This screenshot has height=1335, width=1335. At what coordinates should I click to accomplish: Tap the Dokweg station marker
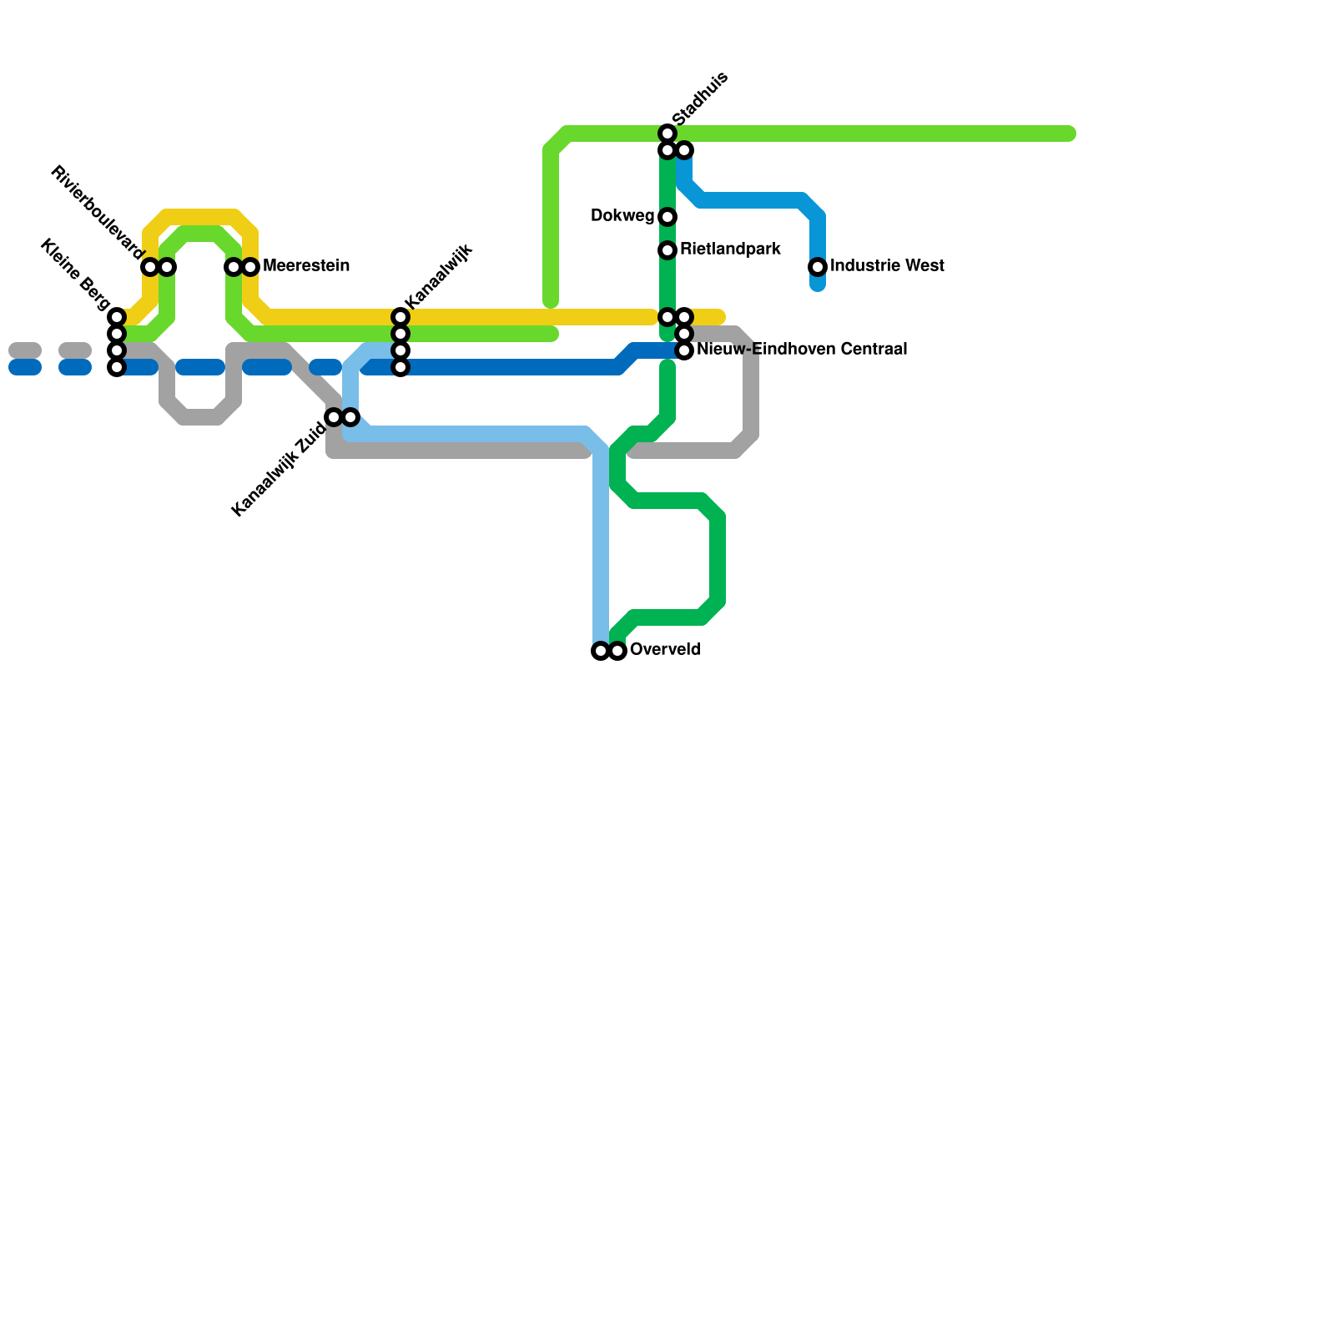tap(667, 217)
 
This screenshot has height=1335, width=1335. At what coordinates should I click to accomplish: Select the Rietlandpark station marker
tap(667, 250)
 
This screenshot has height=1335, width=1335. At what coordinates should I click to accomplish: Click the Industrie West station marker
tap(818, 267)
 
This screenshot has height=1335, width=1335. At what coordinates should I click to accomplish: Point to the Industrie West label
tap(887, 266)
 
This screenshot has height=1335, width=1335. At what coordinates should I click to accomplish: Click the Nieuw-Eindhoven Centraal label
tap(802, 350)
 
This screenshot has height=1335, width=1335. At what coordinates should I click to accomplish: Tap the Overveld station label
tap(665, 650)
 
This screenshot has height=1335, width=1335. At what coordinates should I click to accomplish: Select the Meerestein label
tap(306, 266)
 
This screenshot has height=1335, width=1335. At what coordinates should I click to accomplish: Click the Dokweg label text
tap(622, 216)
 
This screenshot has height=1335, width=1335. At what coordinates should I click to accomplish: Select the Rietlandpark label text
tap(730, 249)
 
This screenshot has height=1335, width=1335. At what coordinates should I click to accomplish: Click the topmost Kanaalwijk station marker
tap(400, 317)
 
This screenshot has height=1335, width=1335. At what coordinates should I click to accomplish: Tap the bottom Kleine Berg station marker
tap(117, 367)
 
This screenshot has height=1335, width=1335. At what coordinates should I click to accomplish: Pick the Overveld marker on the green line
tap(617, 652)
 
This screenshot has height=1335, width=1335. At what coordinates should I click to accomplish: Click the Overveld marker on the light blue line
tap(601, 652)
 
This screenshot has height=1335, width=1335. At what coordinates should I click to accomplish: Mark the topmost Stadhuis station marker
tap(667, 133)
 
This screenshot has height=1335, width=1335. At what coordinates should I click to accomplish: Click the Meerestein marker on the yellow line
tap(250, 267)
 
